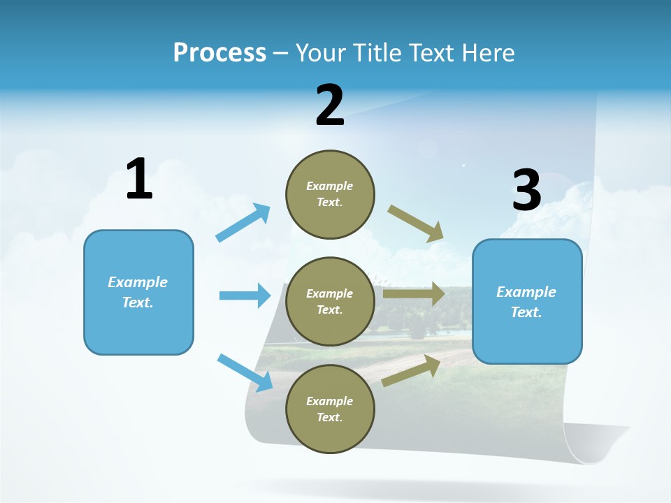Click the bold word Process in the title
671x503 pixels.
tap(219, 53)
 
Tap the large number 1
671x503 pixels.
tap(139, 180)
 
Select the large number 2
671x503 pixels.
tap(330, 105)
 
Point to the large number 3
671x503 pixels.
tap(526, 191)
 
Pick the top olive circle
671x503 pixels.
tap(330, 194)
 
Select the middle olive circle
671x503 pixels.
tap(330, 302)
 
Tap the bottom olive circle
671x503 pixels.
tap(330, 409)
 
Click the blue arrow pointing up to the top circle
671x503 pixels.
tap(243, 223)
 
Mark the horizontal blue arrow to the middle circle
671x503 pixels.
tap(245, 296)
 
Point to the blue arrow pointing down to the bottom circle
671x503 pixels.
tap(245, 372)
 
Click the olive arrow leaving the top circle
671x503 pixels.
tap(416, 224)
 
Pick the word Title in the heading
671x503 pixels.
tap(376, 53)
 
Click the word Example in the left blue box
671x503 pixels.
tap(138, 282)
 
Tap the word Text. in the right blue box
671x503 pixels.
tap(526, 313)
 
